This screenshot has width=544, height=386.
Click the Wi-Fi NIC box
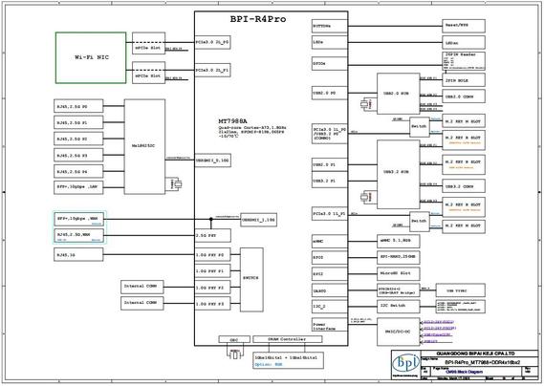91,57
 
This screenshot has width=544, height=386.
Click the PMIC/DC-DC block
397,331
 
